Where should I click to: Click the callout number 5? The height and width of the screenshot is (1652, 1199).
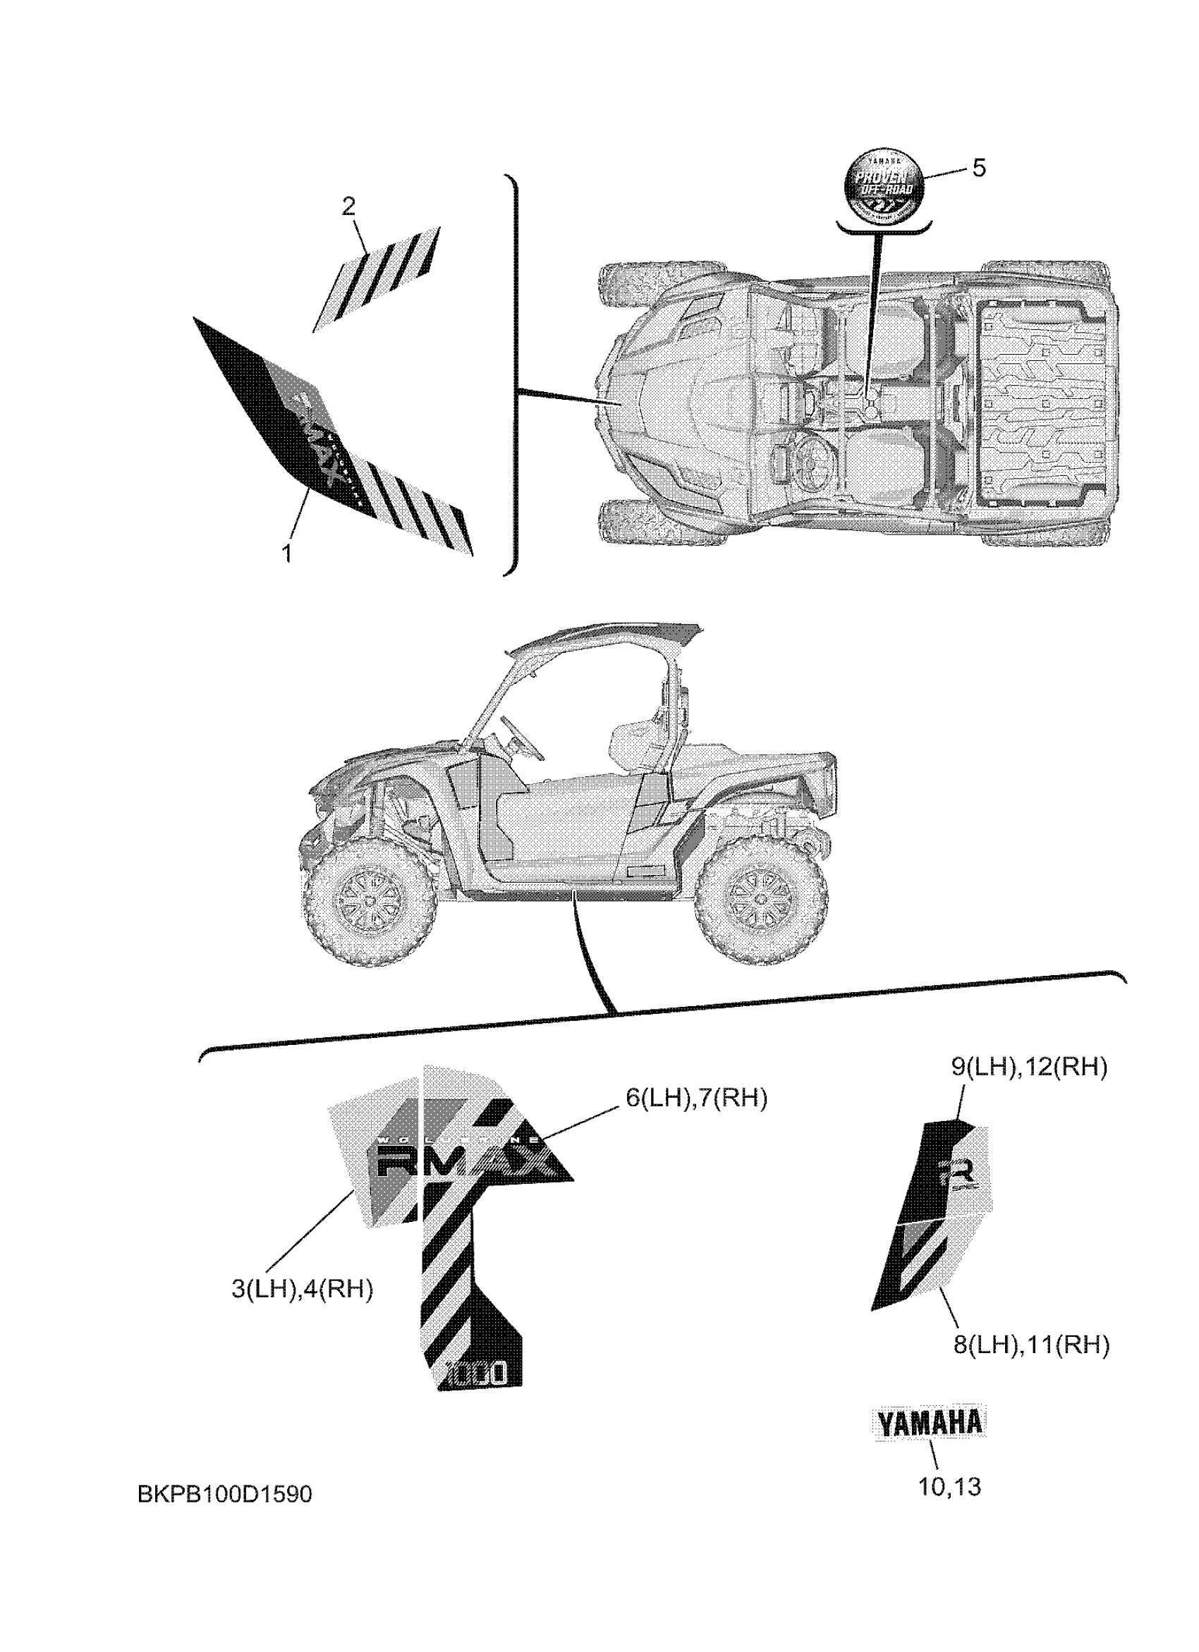(x=979, y=169)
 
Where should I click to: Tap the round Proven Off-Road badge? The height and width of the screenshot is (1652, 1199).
(x=883, y=186)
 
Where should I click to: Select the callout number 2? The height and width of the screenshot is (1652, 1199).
(x=349, y=207)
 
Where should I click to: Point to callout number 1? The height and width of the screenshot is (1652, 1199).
(x=287, y=553)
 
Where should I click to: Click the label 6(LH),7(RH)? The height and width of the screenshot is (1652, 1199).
(x=696, y=1098)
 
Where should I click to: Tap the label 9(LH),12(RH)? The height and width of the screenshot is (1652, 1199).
(x=1028, y=1067)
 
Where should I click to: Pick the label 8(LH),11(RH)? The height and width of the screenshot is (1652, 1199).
(x=1031, y=1344)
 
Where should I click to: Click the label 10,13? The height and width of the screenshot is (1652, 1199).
(x=949, y=1486)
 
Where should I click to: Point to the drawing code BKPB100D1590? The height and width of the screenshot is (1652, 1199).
(x=224, y=1495)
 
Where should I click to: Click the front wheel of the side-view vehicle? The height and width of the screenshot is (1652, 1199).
(x=370, y=901)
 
